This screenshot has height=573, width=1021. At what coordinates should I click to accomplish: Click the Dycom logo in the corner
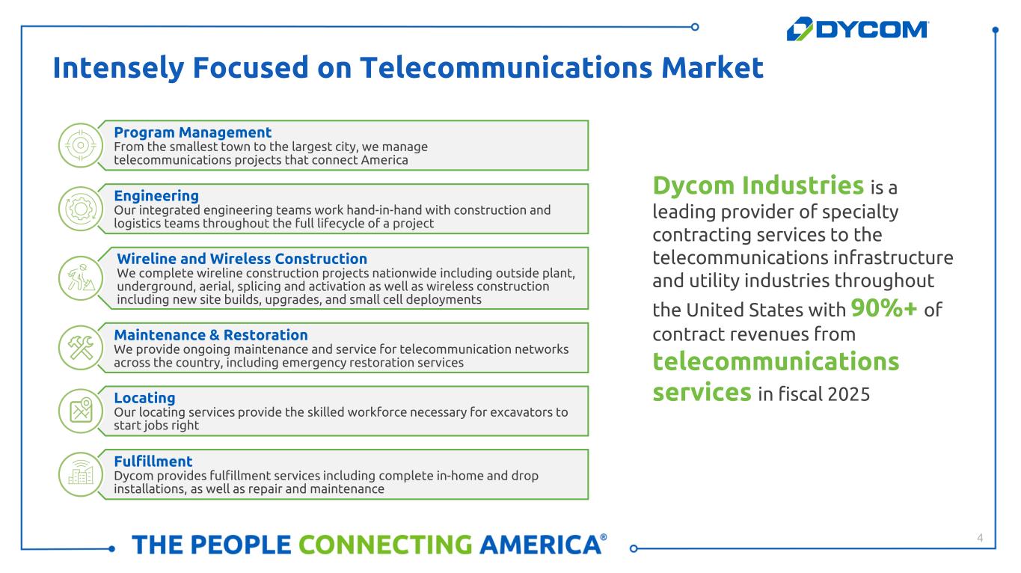[857, 29]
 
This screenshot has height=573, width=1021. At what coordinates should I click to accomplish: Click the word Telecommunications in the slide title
[506, 67]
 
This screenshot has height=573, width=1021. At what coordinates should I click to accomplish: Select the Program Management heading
[192, 132]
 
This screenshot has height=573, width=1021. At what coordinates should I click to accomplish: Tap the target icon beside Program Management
[81, 145]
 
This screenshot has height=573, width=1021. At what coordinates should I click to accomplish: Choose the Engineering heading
[156, 195]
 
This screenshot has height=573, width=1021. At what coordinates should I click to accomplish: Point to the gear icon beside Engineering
[81, 209]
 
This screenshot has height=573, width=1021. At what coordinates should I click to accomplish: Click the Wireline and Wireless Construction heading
[242, 259]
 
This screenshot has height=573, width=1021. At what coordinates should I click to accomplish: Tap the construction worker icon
[81, 278]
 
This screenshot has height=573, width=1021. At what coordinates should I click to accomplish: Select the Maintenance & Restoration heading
[211, 335]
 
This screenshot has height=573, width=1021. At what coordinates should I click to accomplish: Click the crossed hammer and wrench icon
[81, 348]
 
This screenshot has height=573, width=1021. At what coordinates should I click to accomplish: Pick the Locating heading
[144, 398]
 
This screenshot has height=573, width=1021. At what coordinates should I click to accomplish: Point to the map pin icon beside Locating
[81, 411]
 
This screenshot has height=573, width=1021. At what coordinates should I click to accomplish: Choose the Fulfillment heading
[153, 462]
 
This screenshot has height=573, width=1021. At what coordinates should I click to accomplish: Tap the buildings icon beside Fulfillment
[81, 474]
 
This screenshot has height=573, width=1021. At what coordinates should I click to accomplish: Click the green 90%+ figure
[884, 307]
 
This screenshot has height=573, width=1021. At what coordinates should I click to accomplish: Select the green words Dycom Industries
[758, 185]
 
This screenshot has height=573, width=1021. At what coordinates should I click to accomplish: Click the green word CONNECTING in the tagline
[385, 545]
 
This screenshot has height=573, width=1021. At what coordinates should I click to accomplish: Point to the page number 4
[980, 538]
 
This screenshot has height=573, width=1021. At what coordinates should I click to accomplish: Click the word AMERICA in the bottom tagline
[540, 545]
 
